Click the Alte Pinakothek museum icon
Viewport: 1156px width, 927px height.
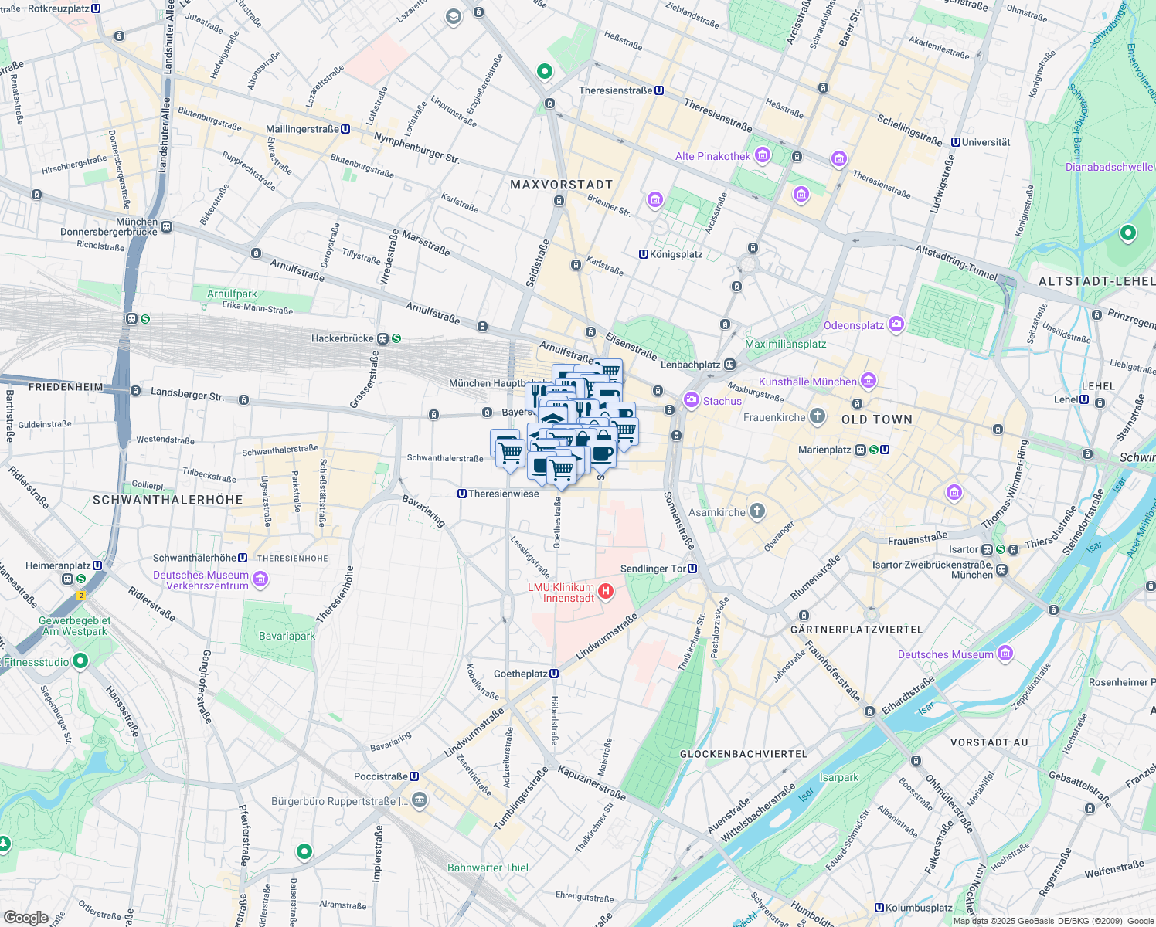click(x=763, y=155)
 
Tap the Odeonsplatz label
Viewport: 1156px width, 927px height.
click(x=853, y=325)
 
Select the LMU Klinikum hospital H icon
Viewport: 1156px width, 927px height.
click(x=606, y=593)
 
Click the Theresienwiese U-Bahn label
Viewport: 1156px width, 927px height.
click(x=503, y=494)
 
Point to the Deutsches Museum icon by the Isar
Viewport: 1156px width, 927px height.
click(x=1005, y=654)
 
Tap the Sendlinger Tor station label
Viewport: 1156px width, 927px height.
click(x=653, y=569)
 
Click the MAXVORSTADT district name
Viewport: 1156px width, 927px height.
click(x=561, y=185)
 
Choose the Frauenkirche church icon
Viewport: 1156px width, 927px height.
click(x=818, y=417)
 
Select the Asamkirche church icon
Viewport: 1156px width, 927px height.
click(x=757, y=511)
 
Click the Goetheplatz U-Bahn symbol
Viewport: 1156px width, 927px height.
click(x=554, y=674)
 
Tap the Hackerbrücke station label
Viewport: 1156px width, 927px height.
click(x=342, y=338)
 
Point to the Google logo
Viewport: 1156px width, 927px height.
click(x=25, y=918)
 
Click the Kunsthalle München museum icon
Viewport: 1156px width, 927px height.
click(x=869, y=381)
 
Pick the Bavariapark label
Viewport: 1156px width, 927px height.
click(x=287, y=636)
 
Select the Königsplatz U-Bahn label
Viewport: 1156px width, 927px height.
click(x=675, y=254)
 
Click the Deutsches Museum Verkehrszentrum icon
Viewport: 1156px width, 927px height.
click(x=260, y=579)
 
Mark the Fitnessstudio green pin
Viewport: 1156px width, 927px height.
click(x=80, y=661)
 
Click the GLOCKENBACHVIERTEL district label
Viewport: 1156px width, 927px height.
click(x=743, y=753)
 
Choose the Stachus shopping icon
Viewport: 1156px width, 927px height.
click(x=691, y=400)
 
